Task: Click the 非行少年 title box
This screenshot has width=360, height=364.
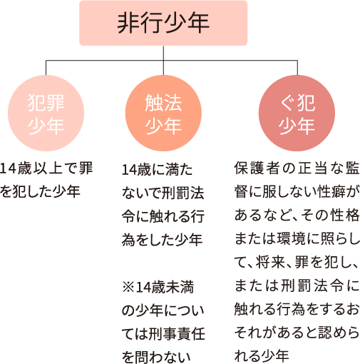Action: click(163, 23)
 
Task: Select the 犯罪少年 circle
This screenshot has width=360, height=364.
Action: click(46, 113)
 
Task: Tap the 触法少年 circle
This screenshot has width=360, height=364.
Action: click(163, 113)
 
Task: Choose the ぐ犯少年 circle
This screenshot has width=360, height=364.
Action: click(297, 113)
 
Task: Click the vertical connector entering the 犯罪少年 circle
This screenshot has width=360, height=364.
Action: click(46, 68)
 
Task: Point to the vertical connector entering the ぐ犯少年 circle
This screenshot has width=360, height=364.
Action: click(297, 68)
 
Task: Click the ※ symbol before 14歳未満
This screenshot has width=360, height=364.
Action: click(128, 287)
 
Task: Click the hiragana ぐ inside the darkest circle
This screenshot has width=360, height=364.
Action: click(288, 103)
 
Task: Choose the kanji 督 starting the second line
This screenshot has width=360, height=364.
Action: click(241, 192)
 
